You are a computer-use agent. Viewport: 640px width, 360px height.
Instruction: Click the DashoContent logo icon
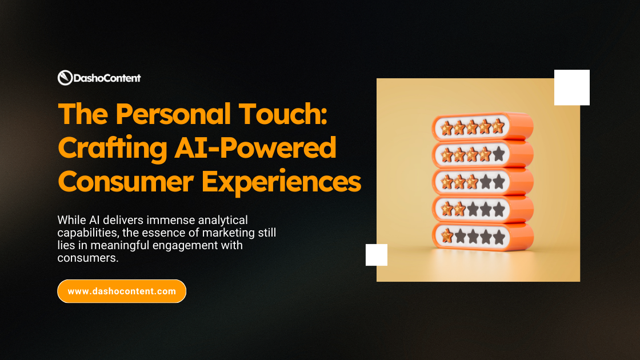coord(65,78)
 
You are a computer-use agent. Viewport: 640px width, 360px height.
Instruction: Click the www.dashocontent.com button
coord(122,291)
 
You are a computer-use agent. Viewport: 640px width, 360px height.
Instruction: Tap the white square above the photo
coord(571,87)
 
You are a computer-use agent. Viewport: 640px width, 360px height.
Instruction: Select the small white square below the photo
coord(377,255)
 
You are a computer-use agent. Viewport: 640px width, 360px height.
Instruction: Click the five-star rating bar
coord(483,127)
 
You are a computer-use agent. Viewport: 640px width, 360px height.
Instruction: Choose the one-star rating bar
coord(483,235)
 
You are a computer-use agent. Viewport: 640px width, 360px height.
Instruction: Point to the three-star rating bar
coord(483,182)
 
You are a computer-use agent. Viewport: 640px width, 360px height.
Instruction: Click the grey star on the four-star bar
coord(498,154)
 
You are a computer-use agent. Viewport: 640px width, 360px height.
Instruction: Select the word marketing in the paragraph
coord(214,233)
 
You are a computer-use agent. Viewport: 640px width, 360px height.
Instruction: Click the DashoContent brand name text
coord(107,78)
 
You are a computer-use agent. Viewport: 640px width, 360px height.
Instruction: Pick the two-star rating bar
coord(483,209)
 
